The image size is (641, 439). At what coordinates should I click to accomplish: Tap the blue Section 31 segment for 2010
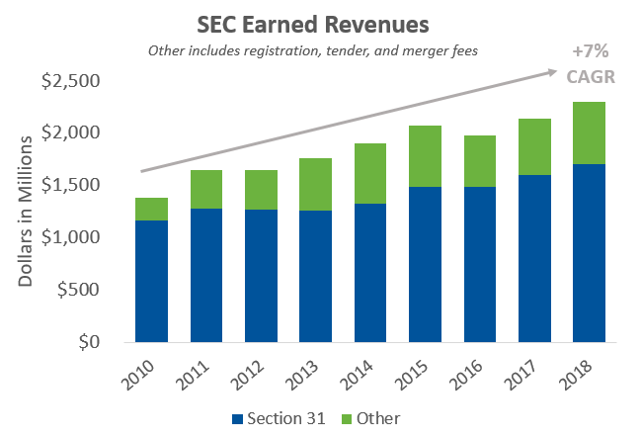point(152,281)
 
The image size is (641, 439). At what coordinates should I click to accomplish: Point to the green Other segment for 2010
point(152,209)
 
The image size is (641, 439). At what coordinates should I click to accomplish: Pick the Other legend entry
point(370,418)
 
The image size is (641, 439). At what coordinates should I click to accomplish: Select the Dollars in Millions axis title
point(28,211)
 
